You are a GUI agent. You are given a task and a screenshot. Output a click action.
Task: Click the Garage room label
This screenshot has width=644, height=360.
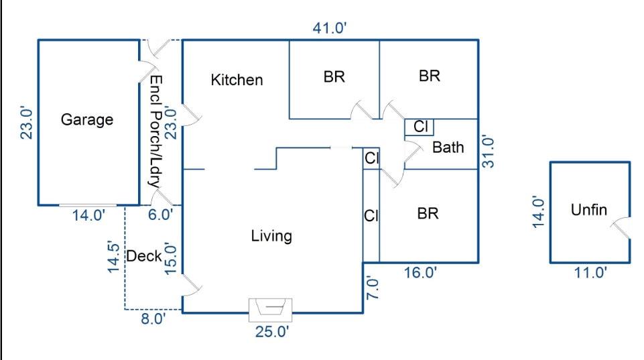coord(87,120)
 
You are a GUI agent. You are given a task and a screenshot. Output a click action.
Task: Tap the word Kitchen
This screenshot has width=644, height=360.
coord(237,80)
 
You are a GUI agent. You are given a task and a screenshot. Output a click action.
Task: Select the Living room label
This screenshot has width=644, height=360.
coord(271,236)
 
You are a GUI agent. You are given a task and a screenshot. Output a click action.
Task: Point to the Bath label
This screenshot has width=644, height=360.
coord(448,147)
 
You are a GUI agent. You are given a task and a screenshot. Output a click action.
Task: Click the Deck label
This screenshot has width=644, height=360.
coord(144,256)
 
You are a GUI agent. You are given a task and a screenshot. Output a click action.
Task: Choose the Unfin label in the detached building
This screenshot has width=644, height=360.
coord(588,210)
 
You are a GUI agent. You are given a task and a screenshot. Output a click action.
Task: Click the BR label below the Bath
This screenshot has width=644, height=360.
coord(428,214)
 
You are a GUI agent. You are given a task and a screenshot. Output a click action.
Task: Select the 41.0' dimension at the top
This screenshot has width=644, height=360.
coord(330,28)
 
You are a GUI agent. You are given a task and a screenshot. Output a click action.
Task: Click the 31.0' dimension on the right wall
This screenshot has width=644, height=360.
coord(489,152)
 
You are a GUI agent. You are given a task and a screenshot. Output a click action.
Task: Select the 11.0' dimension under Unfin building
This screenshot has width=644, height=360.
coord(590,272)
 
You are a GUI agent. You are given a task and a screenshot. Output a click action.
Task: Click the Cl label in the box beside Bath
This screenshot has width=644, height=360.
coord(420,126)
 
